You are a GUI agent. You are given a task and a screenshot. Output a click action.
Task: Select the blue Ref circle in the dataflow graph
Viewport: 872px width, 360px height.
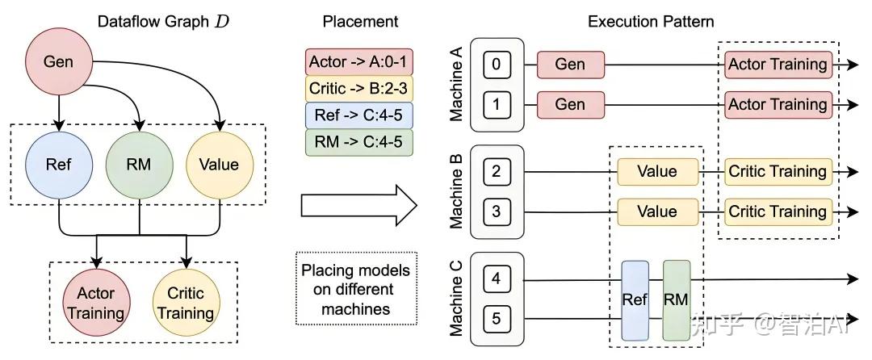[x=59, y=165]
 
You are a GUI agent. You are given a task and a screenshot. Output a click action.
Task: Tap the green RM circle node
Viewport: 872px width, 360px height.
[x=140, y=165]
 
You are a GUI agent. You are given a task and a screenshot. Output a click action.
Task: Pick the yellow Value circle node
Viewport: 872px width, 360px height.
[x=220, y=165]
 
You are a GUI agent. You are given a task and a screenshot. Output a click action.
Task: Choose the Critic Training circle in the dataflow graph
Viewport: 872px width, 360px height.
[x=185, y=302]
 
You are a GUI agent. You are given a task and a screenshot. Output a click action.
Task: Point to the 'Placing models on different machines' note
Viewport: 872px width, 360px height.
[x=356, y=288]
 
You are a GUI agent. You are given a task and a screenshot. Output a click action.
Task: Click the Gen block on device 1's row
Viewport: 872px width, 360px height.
[x=570, y=104]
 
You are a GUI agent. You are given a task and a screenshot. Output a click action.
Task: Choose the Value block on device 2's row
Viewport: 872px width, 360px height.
[x=657, y=171]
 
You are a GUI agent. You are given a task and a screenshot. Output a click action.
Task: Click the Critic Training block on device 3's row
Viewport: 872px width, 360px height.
[x=777, y=211]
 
